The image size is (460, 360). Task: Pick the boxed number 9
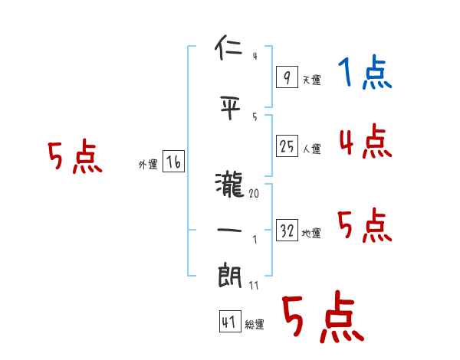tap(287, 77)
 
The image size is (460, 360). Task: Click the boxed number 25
tap(287, 146)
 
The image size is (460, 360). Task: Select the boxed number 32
tap(287, 231)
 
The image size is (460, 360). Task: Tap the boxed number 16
tap(173, 162)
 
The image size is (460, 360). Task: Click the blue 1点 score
tap(364, 74)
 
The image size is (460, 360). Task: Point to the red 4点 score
tap(365, 142)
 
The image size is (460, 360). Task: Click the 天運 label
tap(311, 80)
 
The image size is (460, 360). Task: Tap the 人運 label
tap(311, 149)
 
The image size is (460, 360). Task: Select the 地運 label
tap(311, 234)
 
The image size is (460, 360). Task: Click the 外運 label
tap(148, 165)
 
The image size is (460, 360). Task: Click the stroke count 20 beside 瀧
tap(254, 195)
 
